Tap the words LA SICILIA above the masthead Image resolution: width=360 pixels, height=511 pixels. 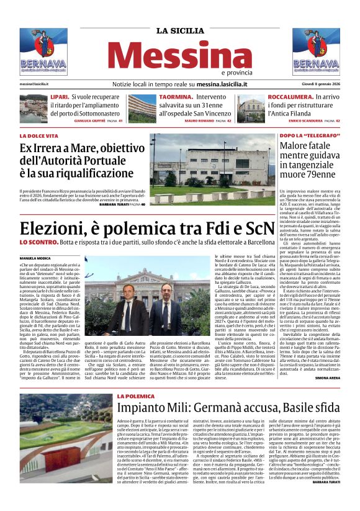[x=179, y=30]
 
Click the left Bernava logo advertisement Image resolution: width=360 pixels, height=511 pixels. [x=43, y=52]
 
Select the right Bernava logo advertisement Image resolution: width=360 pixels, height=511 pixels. [x=316, y=52]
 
